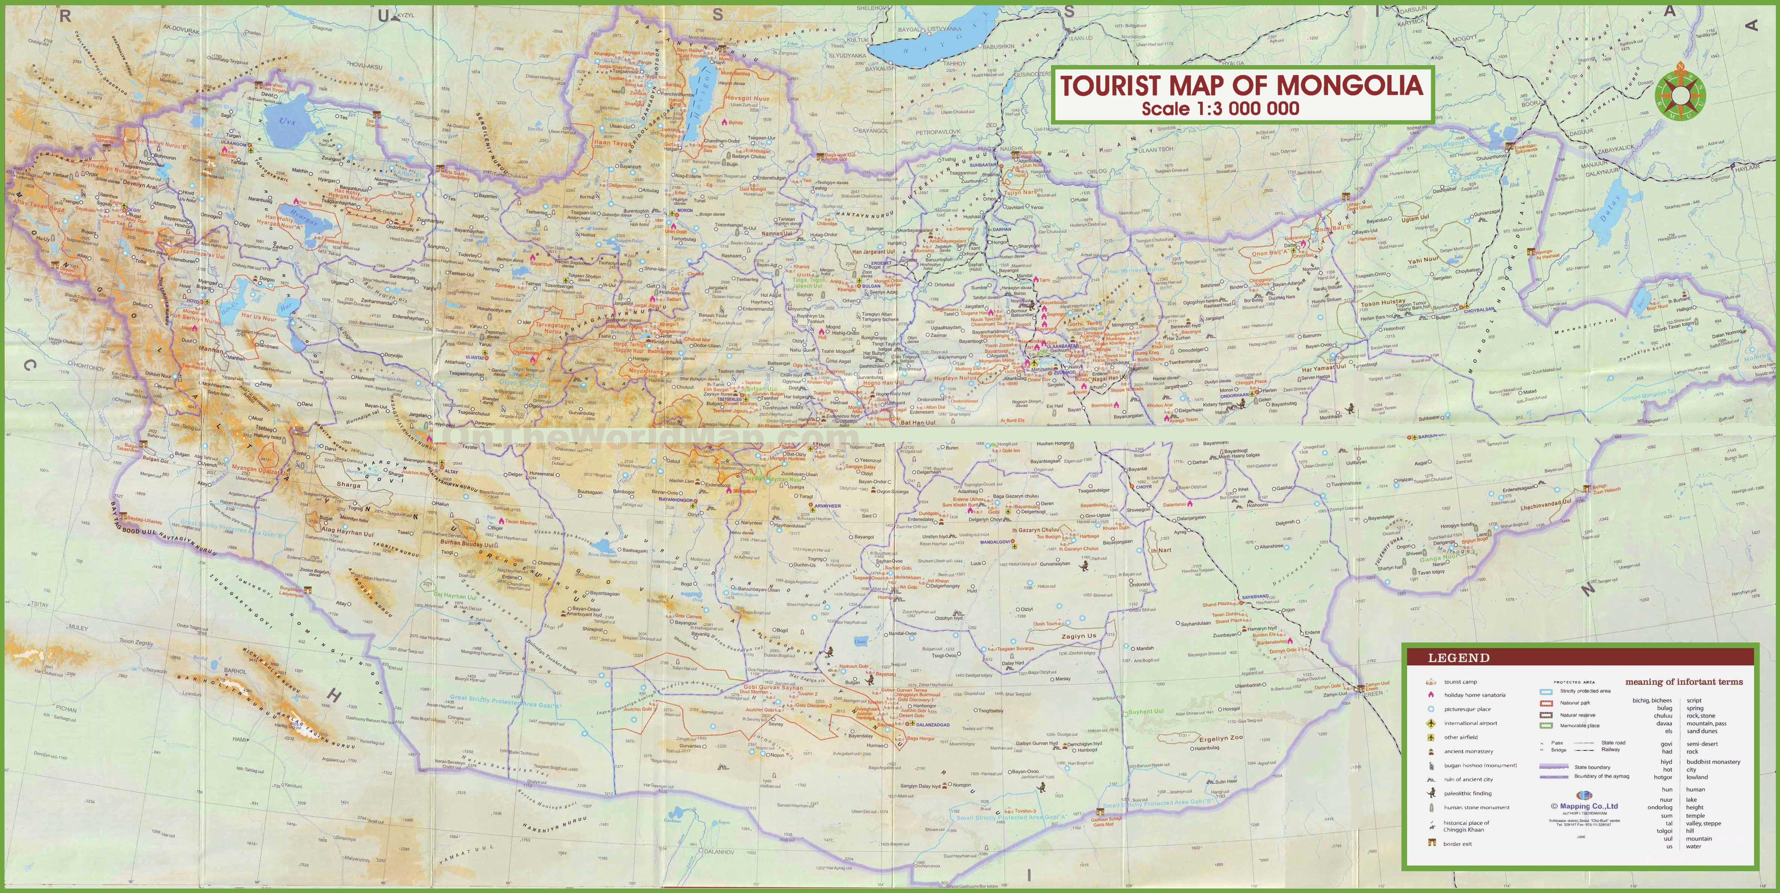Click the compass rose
(x=1680, y=94)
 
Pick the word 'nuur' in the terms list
(x=1667, y=800)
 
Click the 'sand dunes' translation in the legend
(x=1702, y=731)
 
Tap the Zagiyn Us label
(x=1079, y=636)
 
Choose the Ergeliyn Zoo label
(x=1221, y=738)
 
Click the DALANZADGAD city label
(x=932, y=725)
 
